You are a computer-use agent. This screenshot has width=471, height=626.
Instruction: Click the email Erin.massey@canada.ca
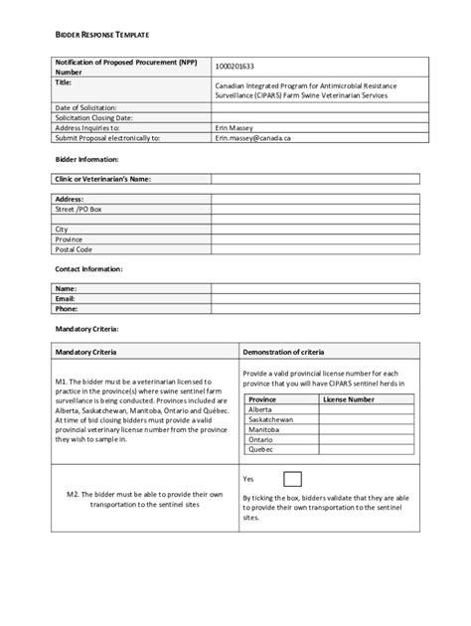(252, 138)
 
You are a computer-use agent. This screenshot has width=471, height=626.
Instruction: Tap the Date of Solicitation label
(86, 107)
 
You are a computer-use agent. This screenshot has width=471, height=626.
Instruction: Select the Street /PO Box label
(78, 210)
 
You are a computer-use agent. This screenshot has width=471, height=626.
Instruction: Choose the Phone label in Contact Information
(66, 308)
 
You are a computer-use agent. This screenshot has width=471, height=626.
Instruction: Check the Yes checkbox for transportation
(293, 479)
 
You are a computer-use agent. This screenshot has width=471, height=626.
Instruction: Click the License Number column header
(349, 398)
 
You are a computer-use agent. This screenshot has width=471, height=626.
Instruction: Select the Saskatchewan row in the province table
(271, 419)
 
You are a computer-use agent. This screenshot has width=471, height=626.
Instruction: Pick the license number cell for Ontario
(362, 439)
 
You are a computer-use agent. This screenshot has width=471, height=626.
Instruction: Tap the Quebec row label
(261, 449)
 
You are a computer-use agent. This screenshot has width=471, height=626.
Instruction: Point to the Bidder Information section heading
(86, 159)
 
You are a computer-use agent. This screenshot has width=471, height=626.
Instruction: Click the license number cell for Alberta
(362, 409)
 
